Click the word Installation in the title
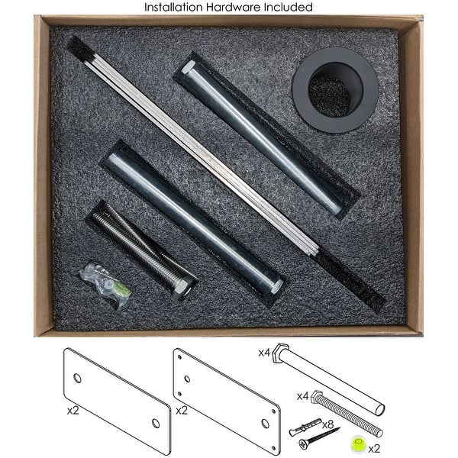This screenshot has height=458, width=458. point(173,7)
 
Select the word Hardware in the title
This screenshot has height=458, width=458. point(234,7)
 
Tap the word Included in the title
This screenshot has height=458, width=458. point(289,7)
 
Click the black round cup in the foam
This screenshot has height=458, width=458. point(336,90)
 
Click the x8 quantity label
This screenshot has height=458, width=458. point(327,424)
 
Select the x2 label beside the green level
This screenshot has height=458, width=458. point(374,448)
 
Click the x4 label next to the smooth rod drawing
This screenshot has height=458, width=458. point(264,353)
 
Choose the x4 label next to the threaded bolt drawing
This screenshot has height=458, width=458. point(302,396)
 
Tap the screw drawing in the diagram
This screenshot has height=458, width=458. point(319,438)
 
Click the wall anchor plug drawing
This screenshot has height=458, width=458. point(305,427)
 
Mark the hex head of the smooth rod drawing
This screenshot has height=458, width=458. point(281,353)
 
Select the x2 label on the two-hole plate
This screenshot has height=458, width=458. point(73,411)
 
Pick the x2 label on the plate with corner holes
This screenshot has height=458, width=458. point(182,411)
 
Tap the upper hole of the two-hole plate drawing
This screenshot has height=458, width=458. point(78,378)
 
